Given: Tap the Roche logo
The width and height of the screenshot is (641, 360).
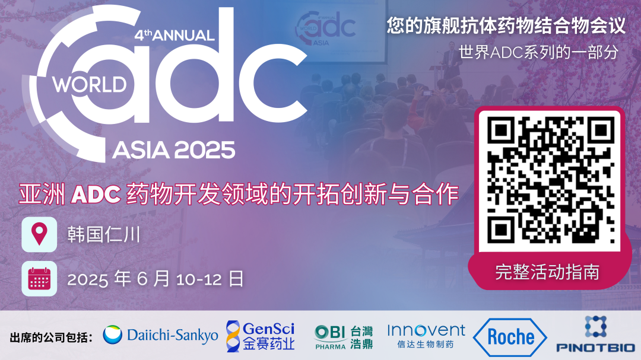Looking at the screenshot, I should tap(510, 337).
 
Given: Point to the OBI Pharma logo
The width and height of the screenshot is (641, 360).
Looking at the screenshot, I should tap(344, 336).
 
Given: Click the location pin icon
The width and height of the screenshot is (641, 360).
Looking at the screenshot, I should tap(39, 234).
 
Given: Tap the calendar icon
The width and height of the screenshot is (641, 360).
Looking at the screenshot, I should tap(39, 278).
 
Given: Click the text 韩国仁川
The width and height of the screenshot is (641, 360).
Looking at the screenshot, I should tap(103, 235).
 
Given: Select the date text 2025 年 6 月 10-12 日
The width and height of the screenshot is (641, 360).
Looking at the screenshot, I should tap(156, 279).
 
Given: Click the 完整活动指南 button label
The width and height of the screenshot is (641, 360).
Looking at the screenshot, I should tap(547, 272).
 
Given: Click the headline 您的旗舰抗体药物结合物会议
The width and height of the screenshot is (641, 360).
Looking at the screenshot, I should tap(506, 26).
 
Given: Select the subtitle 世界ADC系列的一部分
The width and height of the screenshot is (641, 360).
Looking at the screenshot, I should tap(538, 52).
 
